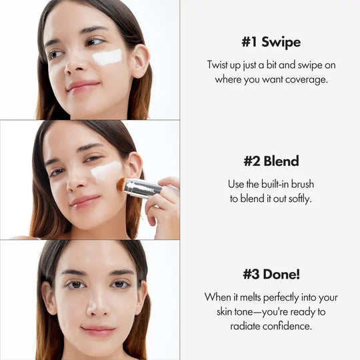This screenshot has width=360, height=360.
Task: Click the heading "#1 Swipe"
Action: [x=271, y=42]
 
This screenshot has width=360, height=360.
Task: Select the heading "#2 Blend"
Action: [x=271, y=161]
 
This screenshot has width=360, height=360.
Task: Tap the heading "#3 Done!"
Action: [x=271, y=273]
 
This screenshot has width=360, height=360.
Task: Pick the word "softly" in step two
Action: [x=297, y=198]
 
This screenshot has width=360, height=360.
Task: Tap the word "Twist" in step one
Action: [x=219, y=65]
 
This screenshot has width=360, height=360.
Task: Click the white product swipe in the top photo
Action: [x=107, y=57]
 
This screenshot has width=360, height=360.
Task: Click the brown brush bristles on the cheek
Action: [x=122, y=183]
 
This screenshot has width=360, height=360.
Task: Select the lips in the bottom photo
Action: [x=99, y=330]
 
